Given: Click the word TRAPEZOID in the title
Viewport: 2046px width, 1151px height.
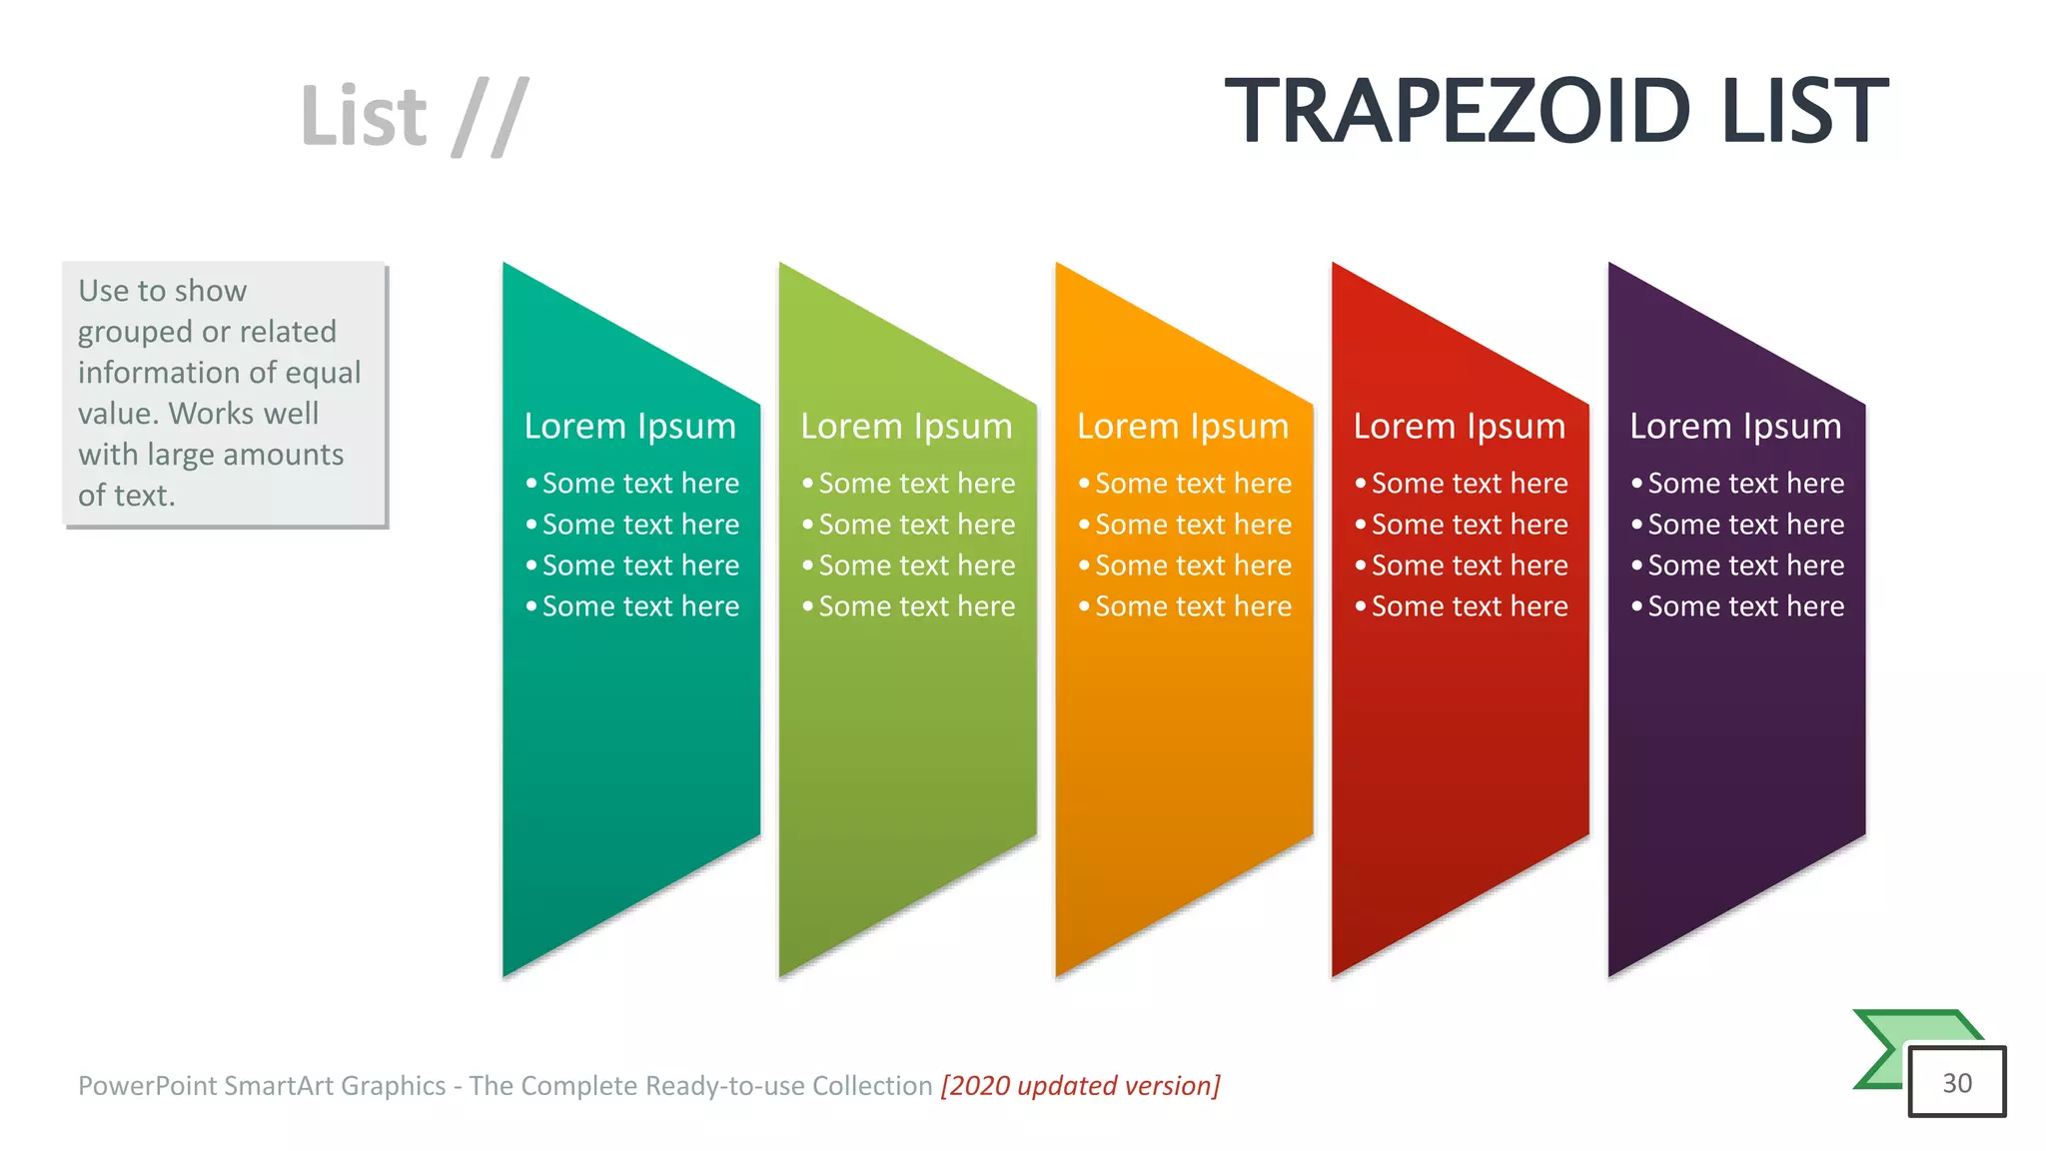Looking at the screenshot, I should click(1458, 111).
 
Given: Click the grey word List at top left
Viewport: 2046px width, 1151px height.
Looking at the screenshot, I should click(364, 117).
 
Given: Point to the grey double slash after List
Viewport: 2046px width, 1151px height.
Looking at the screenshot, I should click(490, 117).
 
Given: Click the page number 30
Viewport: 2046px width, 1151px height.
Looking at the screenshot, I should click(1957, 1083).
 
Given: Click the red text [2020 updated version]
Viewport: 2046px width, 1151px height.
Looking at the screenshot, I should click(1080, 1086).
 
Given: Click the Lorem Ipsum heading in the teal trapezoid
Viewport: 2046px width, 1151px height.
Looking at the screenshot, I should click(629, 427).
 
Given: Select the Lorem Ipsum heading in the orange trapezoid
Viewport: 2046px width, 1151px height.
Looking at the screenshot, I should click(1182, 427).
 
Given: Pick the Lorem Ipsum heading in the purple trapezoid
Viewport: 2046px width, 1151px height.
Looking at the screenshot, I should click(1735, 427).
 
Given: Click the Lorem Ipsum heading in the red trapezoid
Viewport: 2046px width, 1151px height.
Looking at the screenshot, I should click(1459, 427).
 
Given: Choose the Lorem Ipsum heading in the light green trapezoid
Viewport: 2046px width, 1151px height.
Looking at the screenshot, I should click(906, 427).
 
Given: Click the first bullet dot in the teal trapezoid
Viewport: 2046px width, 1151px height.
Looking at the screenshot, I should click(531, 484).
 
